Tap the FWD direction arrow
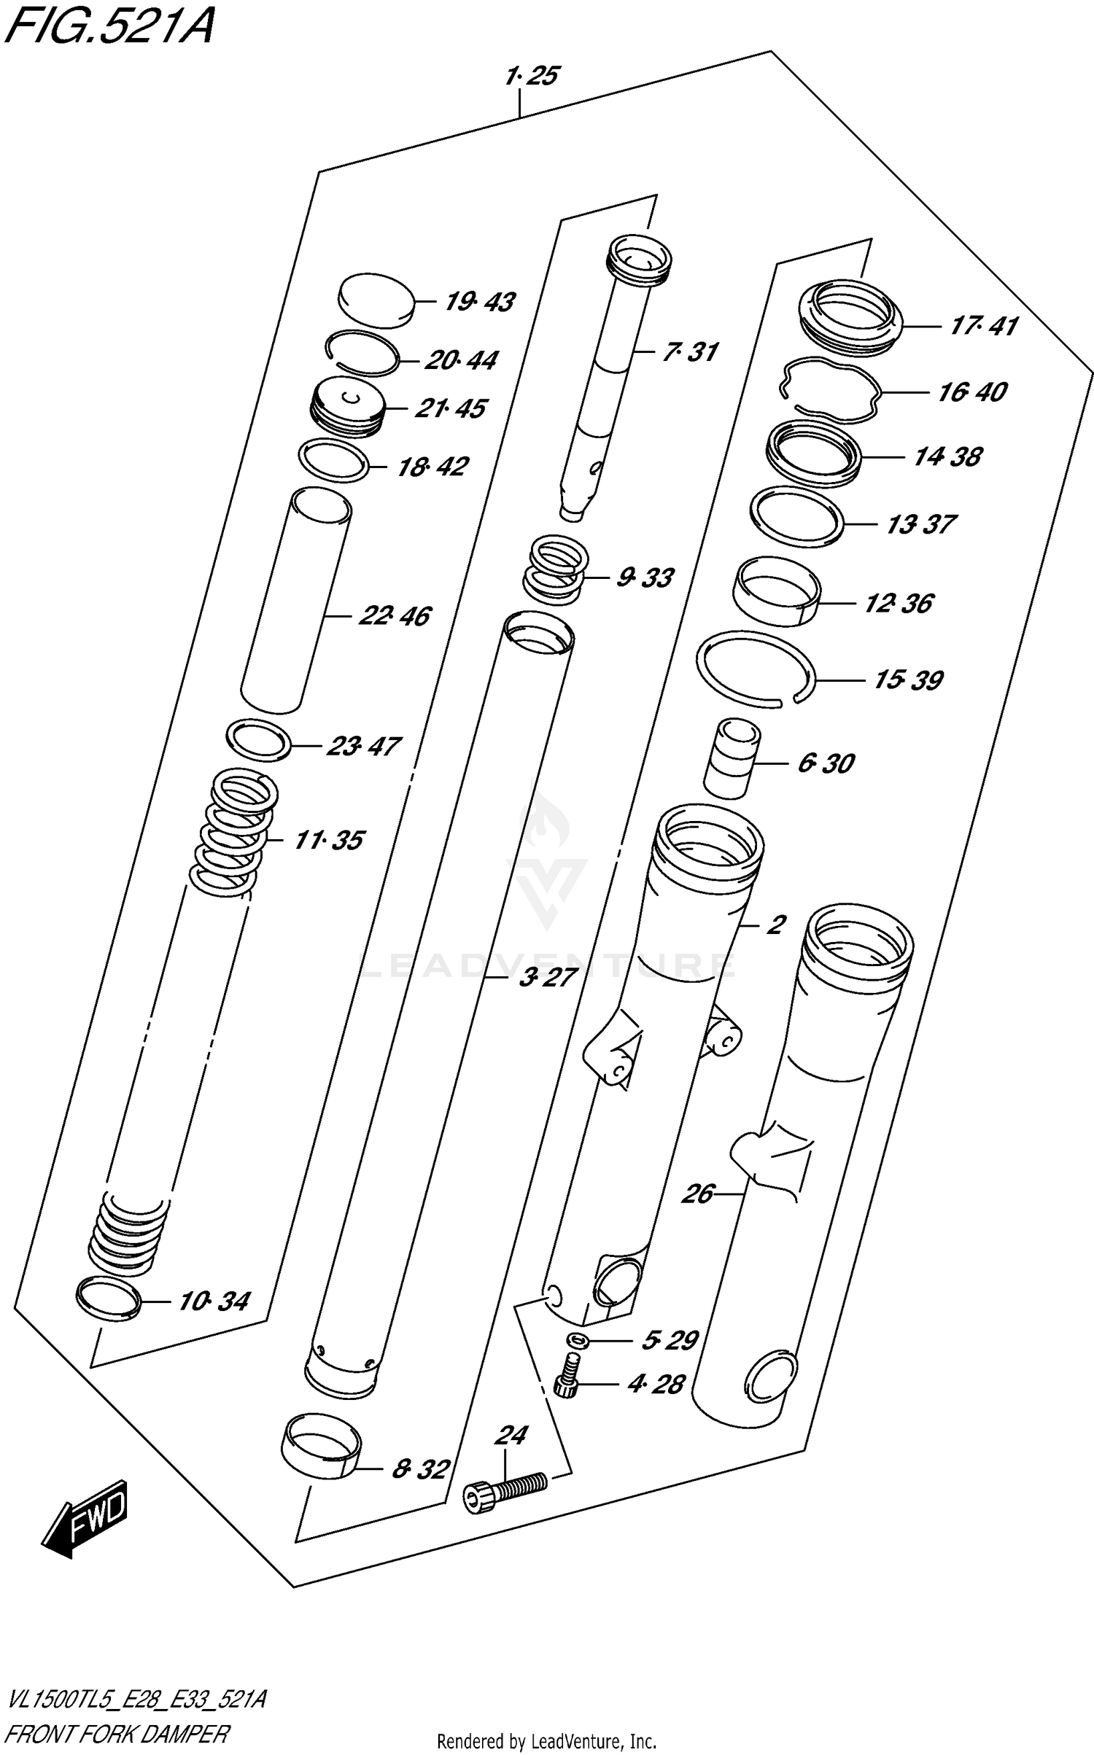coord(86,1517)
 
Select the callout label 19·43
coord(479,301)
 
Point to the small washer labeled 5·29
coord(578,1339)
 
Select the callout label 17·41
coord(983,325)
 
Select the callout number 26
coord(697,1194)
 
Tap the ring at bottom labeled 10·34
coord(107,1299)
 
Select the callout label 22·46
coord(394,616)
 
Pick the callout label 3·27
coord(548,978)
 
